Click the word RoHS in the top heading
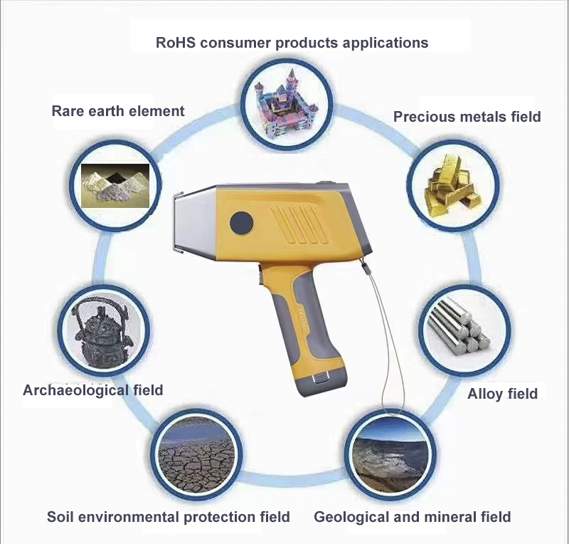click(x=175, y=43)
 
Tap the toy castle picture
click(x=287, y=104)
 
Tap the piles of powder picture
click(x=115, y=185)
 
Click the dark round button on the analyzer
click(x=241, y=222)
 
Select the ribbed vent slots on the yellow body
click(x=299, y=225)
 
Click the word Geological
click(x=349, y=517)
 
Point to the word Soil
click(x=60, y=517)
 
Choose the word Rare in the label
click(x=68, y=111)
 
